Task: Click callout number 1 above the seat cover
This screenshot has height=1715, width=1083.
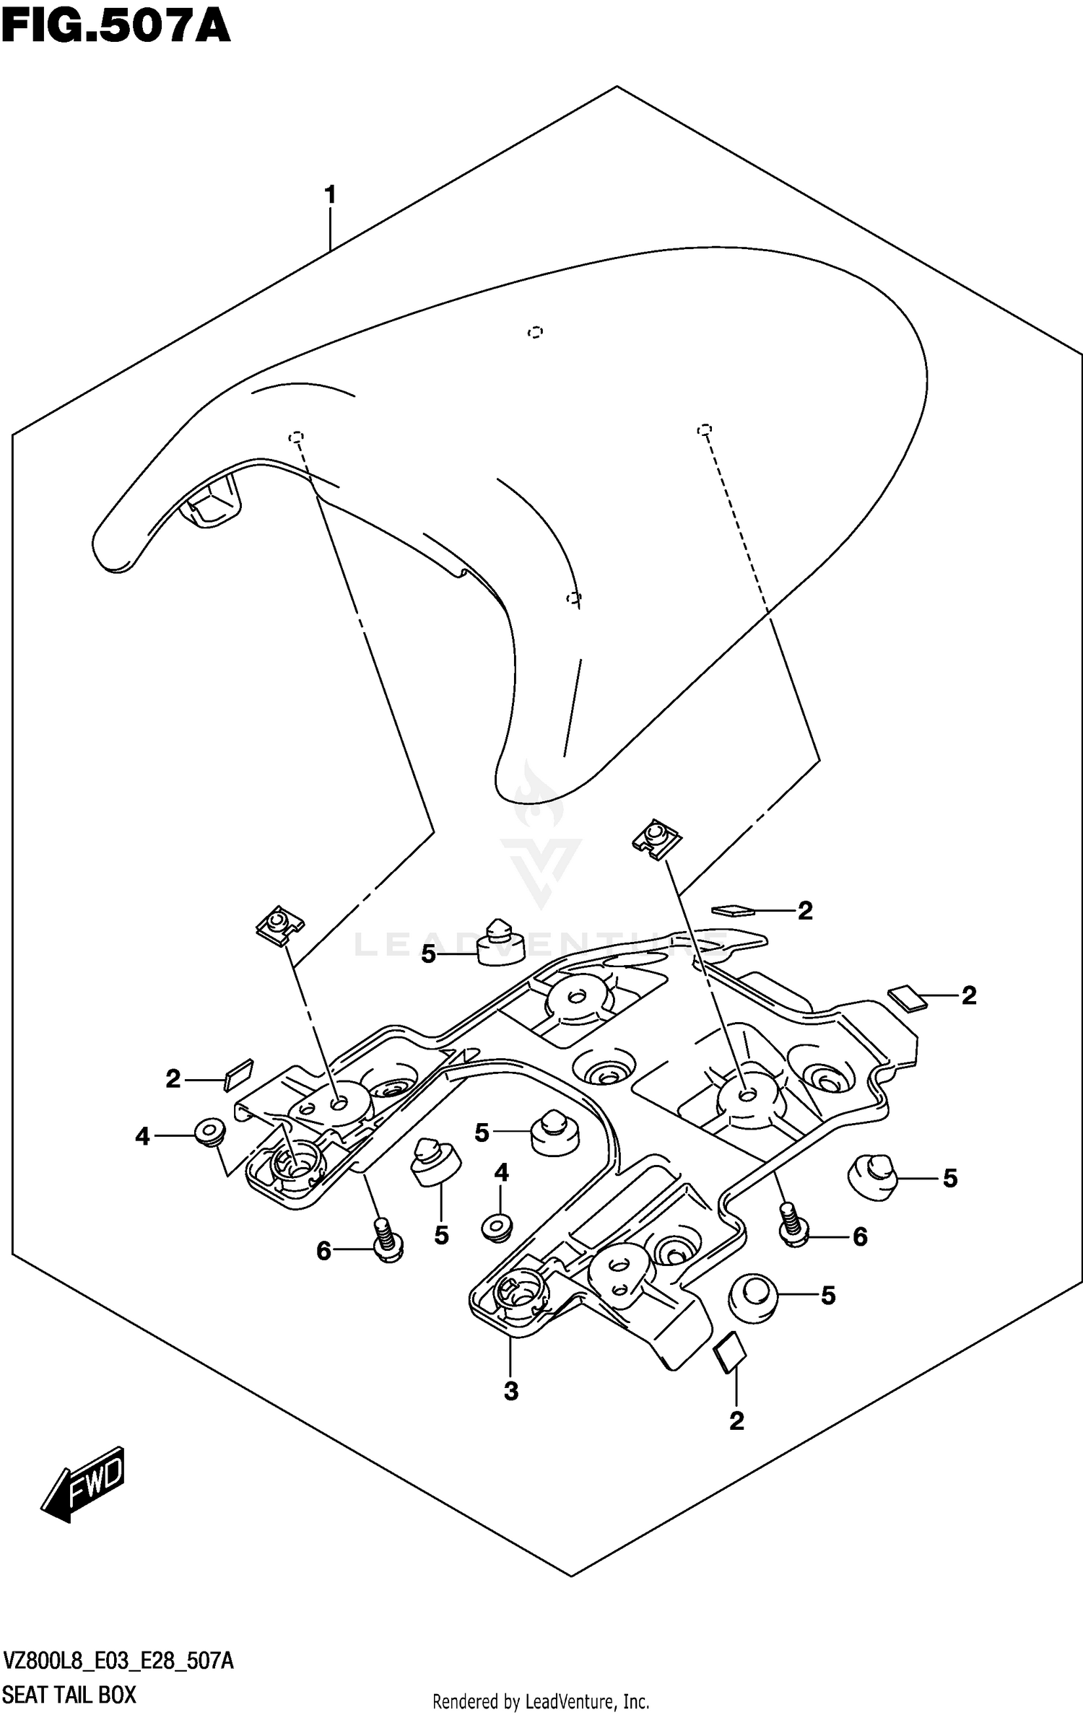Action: pos(331,195)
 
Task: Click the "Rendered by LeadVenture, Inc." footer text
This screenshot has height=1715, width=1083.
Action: pos(541,1701)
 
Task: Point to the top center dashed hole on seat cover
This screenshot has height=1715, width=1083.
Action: pos(535,332)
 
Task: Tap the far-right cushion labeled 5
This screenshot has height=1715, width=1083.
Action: pos(871,1177)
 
